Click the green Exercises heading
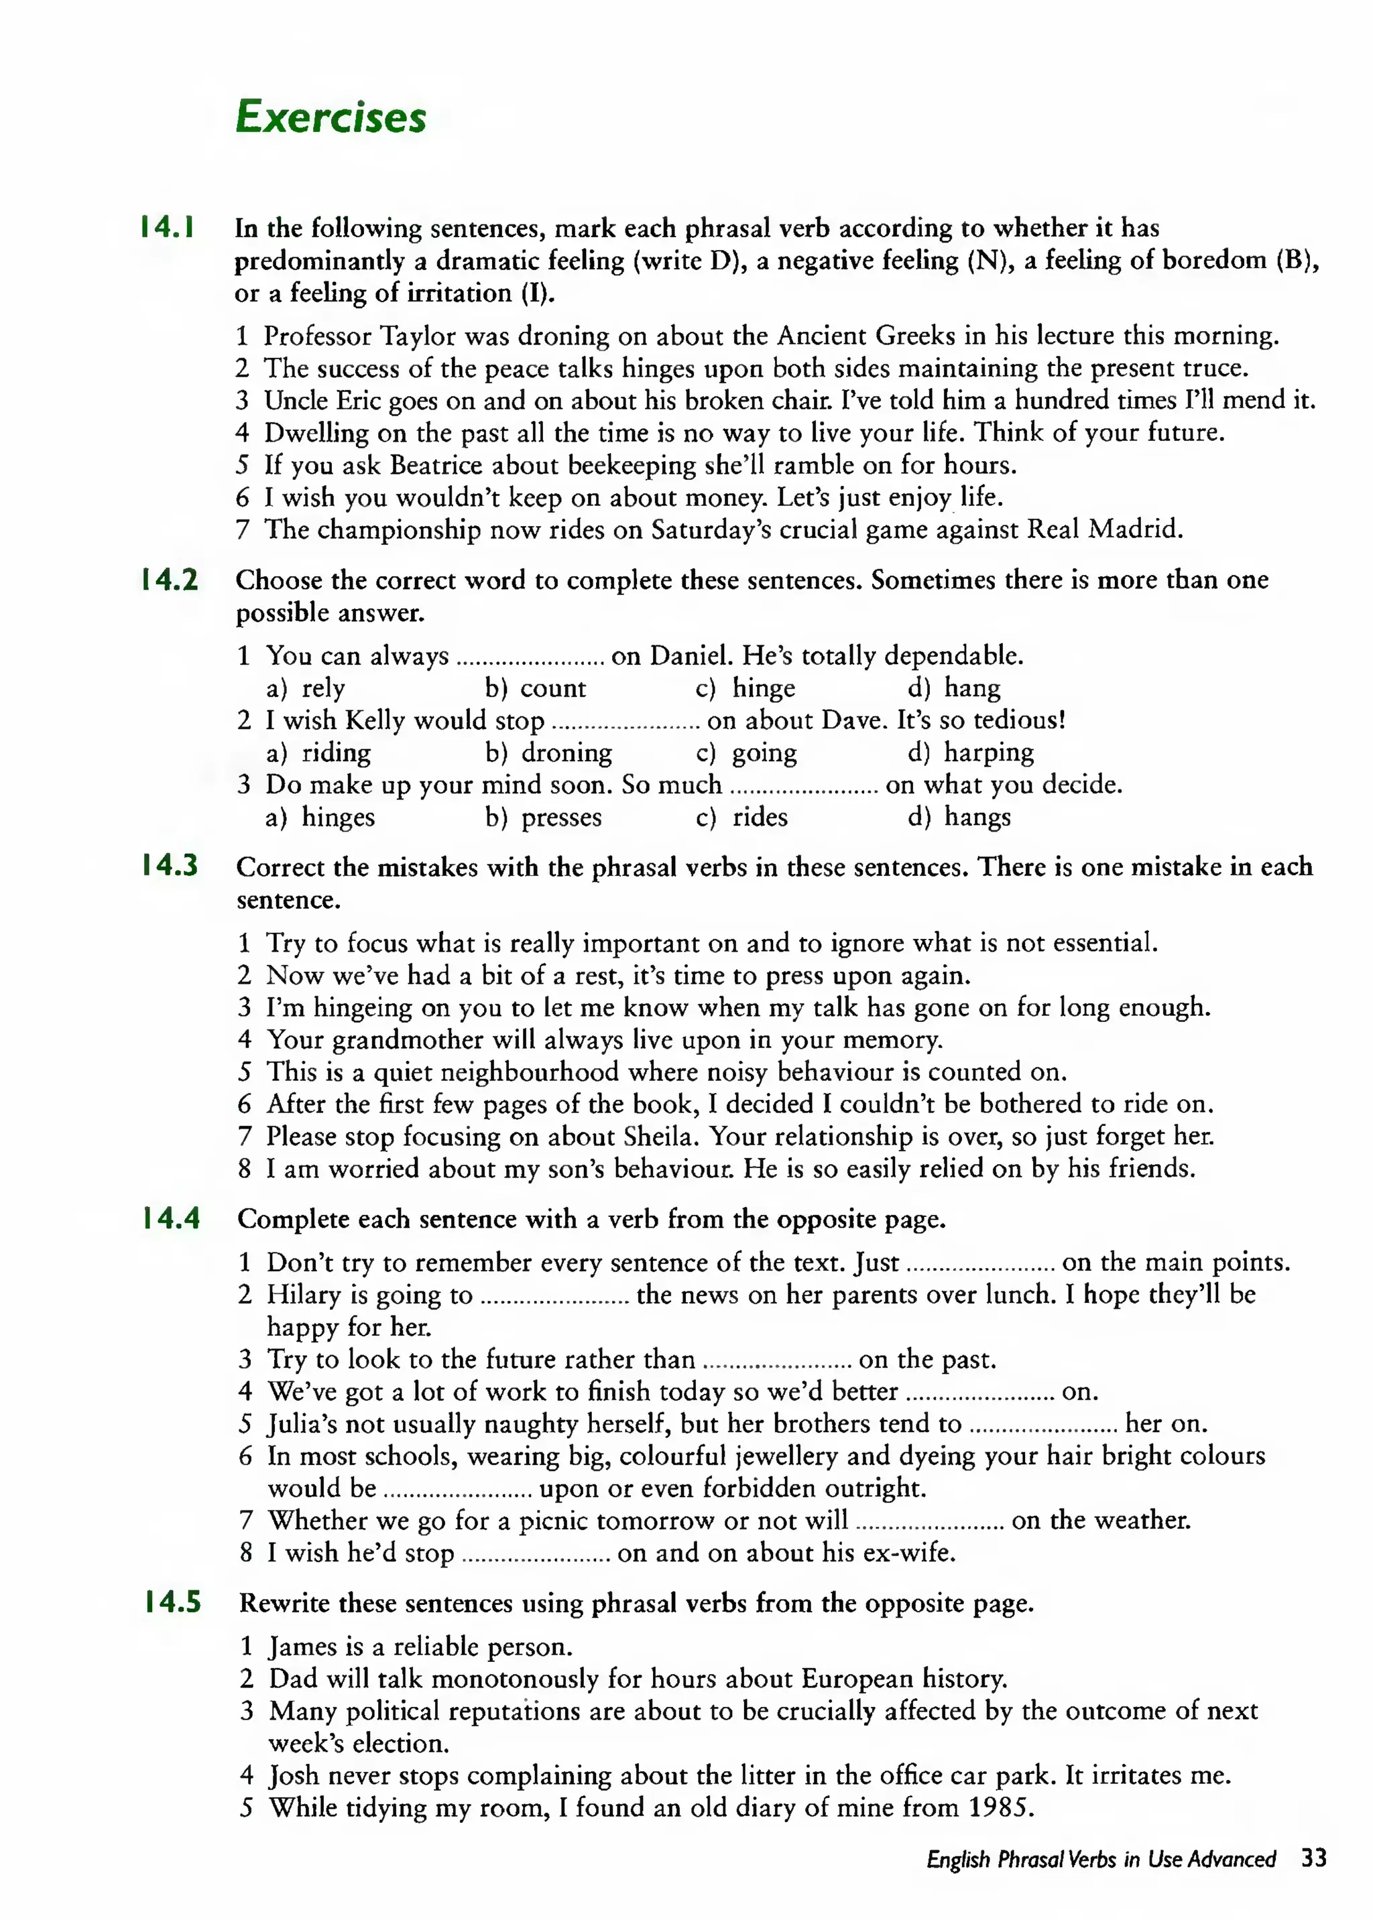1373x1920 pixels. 331,117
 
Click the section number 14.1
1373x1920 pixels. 168,227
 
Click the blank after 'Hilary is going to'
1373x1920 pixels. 554,1295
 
